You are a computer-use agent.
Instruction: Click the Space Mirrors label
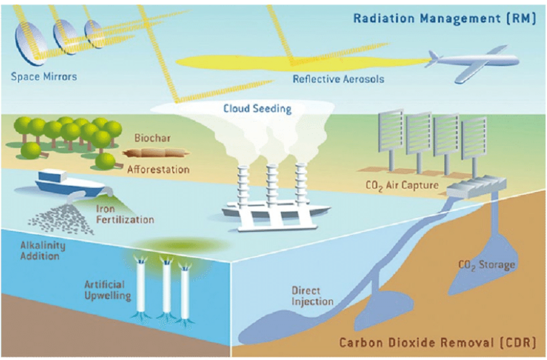click(x=44, y=77)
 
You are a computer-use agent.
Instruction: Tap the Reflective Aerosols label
click(x=338, y=79)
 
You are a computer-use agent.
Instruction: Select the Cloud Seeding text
click(x=257, y=108)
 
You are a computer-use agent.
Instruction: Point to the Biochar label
click(x=153, y=138)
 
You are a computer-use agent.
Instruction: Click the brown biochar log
click(x=155, y=153)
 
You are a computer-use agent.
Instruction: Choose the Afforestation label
click(x=158, y=169)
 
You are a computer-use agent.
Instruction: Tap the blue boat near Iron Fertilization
click(x=70, y=184)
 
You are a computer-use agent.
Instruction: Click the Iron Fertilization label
click(x=125, y=214)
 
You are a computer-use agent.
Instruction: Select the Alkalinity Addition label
click(x=42, y=250)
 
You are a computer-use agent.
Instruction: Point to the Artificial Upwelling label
click(x=108, y=290)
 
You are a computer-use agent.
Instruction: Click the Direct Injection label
click(x=312, y=296)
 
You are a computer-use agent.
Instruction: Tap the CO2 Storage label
click(x=486, y=266)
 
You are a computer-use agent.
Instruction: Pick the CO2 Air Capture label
click(x=402, y=185)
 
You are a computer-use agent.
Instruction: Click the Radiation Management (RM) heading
click(x=444, y=18)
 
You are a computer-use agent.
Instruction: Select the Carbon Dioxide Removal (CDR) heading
click(x=437, y=342)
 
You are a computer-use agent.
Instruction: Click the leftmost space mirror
click(x=30, y=43)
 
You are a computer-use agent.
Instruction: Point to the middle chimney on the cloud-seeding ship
click(x=271, y=185)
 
